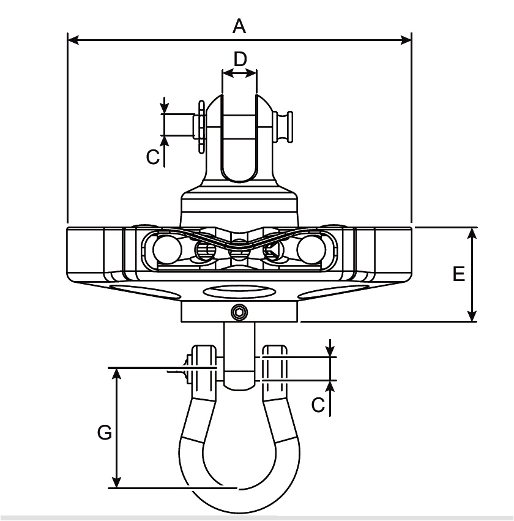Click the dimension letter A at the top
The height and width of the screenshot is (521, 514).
coord(239,26)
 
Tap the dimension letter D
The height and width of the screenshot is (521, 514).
coord(240,59)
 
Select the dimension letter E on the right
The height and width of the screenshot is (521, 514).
coord(459,274)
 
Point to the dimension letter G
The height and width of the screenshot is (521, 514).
coord(105,433)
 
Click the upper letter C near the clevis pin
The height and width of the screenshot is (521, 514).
coord(153,157)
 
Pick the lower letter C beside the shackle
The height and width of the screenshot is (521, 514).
coord(318,405)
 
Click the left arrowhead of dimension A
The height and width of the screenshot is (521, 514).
coord(73,40)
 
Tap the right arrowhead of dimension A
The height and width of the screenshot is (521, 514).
coord(406,40)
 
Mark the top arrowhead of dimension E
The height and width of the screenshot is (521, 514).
coord(472,233)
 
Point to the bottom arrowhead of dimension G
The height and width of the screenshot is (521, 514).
coord(116,482)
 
